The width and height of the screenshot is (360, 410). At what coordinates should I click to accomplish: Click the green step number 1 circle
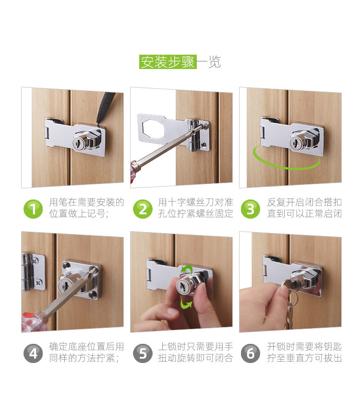(33, 209)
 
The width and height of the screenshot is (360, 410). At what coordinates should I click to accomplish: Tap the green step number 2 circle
(143, 209)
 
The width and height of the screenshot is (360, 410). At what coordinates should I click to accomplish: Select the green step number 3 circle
(251, 209)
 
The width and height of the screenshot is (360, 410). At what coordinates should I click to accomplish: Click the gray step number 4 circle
(33, 353)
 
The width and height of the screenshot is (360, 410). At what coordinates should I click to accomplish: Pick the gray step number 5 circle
(143, 353)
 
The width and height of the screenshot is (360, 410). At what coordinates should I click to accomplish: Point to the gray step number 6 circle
(251, 353)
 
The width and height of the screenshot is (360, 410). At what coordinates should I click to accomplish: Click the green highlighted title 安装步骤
(168, 62)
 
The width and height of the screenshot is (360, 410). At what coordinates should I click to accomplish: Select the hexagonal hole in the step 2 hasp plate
(153, 129)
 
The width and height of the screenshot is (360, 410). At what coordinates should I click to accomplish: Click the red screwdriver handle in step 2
(134, 173)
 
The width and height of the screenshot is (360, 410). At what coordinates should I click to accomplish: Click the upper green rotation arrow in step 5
(186, 269)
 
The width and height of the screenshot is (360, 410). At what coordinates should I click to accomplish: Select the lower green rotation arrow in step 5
(186, 304)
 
